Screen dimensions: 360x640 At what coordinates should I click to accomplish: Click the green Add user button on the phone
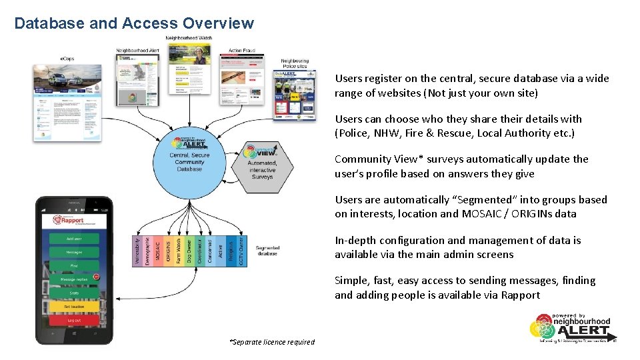click(74, 239)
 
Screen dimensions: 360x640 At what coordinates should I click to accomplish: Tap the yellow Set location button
click(74, 307)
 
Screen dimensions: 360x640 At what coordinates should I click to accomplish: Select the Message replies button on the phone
click(74, 279)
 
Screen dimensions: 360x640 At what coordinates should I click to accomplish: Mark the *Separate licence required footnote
click(271, 342)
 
